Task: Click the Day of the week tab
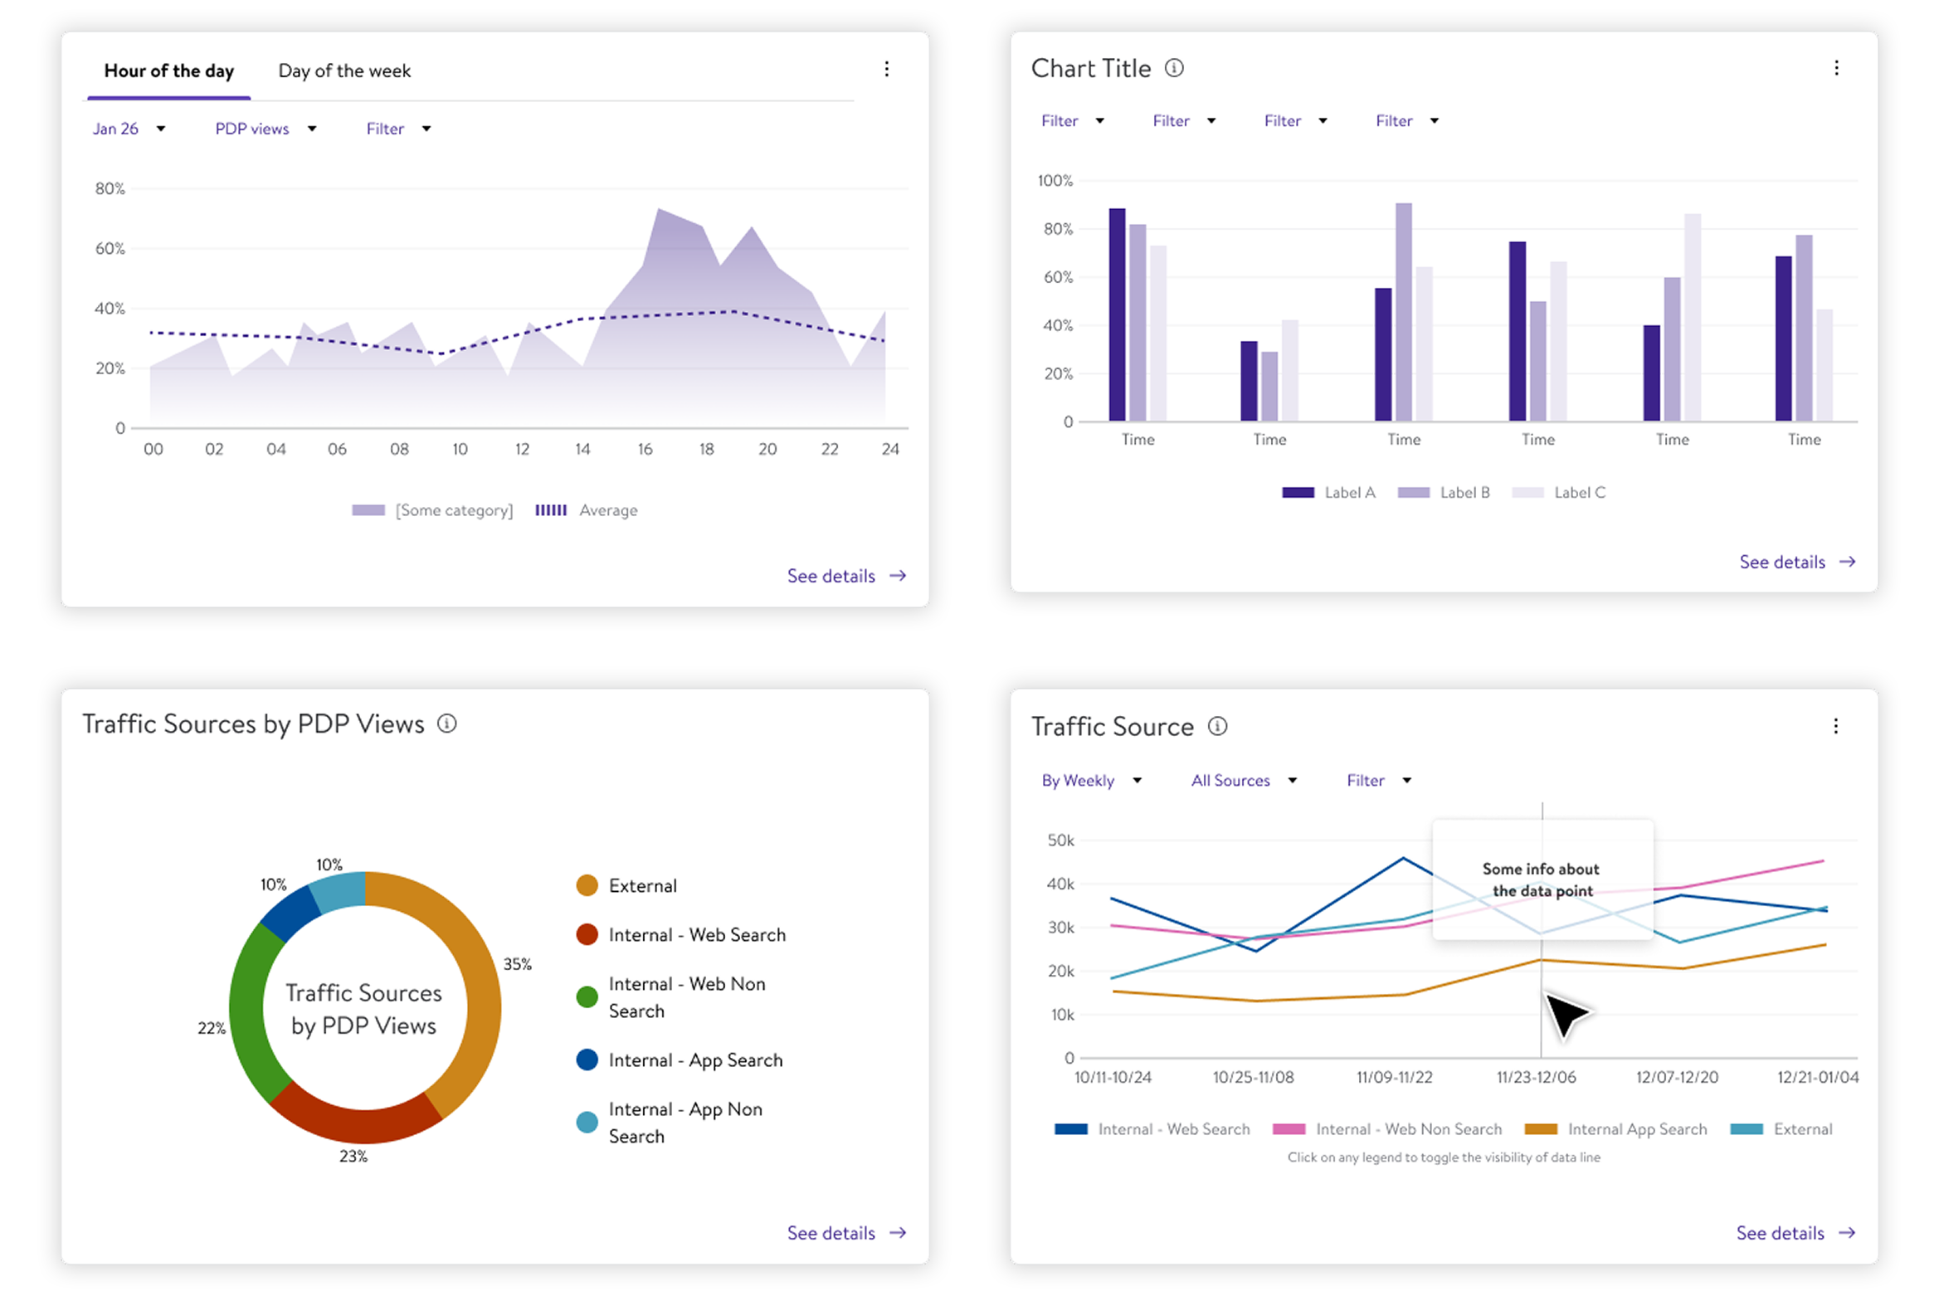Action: coord(343,71)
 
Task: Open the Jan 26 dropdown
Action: coord(128,129)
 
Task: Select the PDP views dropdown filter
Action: coord(265,129)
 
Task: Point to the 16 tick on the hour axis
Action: coord(644,449)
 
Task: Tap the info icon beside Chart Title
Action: coord(1173,68)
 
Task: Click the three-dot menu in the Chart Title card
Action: coord(1835,68)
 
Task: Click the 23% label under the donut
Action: coord(353,1155)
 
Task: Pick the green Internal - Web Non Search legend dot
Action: coord(587,996)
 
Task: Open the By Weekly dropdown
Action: coord(1090,780)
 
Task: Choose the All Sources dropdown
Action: coord(1242,780)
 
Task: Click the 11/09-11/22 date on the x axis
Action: coord(1393,1077)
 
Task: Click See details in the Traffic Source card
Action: coord(1794,1232)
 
